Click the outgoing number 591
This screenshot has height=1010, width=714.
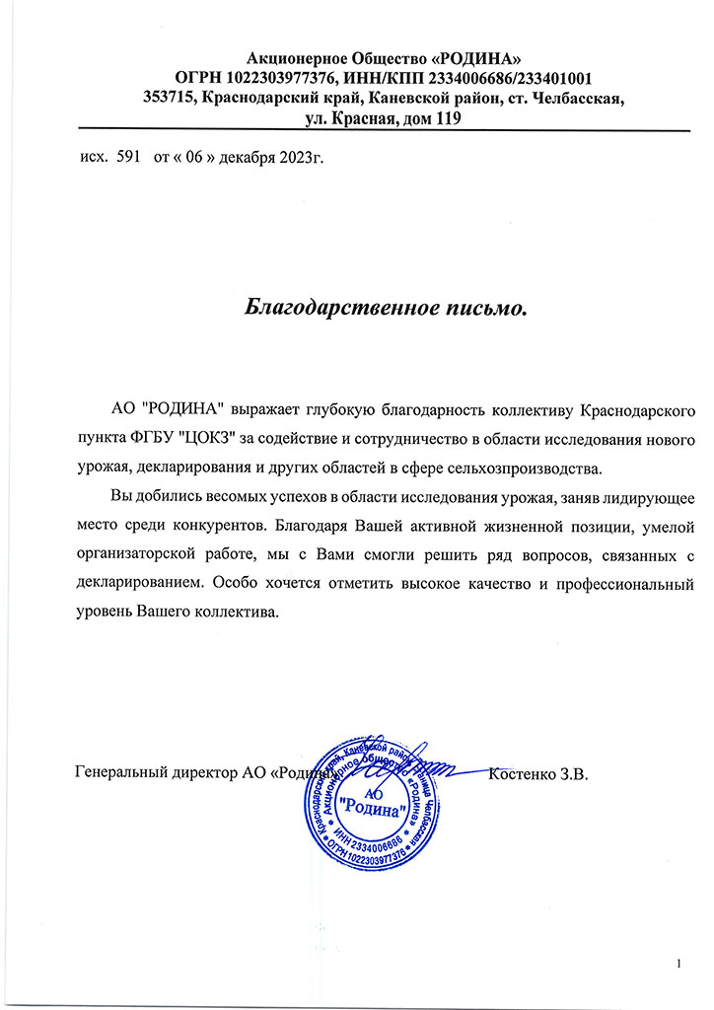(x=130, y=157)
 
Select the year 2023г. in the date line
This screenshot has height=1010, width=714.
(x=301, y=157)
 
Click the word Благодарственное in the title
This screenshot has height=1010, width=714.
(x=326, y=307)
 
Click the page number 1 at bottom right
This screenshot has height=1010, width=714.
(x=679, y=963)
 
